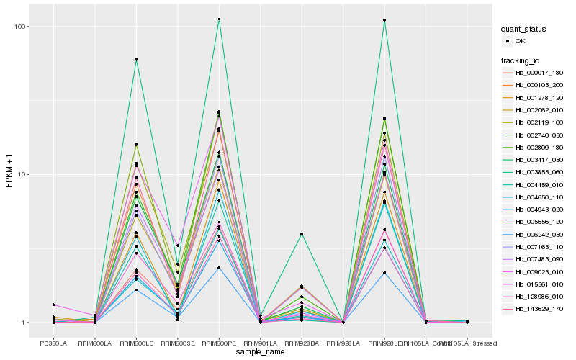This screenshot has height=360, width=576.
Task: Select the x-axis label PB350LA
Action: click(54, 342)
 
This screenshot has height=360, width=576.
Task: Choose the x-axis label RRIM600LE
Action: click(137, 342)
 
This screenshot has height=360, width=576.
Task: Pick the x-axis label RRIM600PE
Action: click(219, 342)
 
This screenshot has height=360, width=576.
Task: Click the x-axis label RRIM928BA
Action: click(302, 342)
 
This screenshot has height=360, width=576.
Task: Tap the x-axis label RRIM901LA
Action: click(261, 342)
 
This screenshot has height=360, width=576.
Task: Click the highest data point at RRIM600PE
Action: click(219, 19)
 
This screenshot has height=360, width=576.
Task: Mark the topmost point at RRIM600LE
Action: click(137, 60)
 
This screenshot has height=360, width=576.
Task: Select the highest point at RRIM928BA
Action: click(302, 234)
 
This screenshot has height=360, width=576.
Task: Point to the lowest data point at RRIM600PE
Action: click(219, 268)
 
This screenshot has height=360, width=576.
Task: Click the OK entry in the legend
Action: click(521, 42)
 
